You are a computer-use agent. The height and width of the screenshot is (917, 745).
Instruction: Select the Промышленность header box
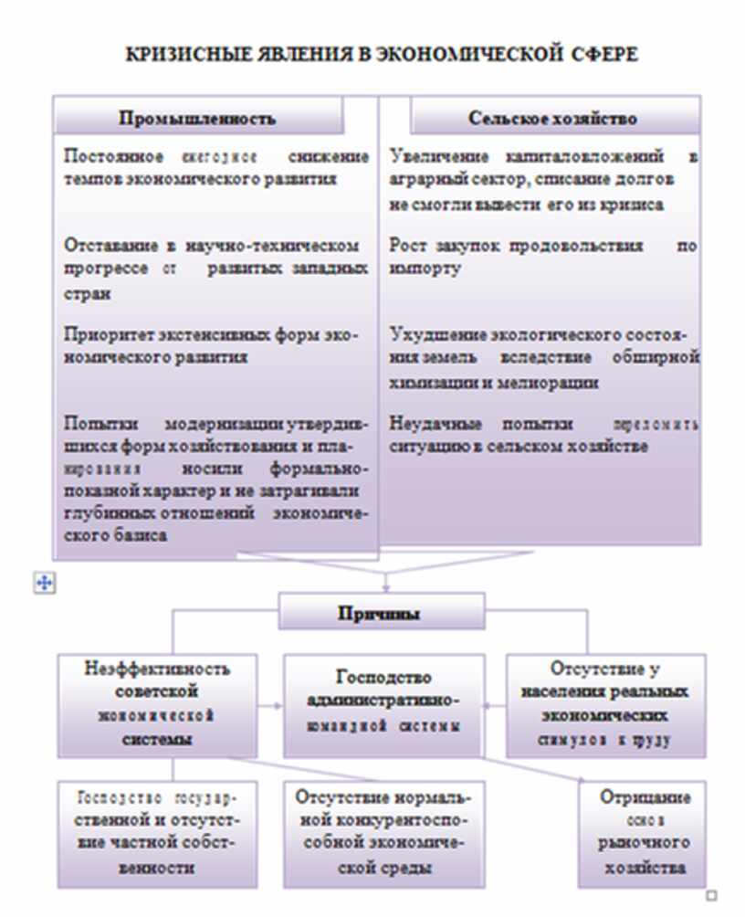pos(197,118)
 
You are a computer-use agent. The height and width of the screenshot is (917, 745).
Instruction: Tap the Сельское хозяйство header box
pos(552,118)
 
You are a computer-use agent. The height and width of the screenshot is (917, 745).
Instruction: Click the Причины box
pos(379,614)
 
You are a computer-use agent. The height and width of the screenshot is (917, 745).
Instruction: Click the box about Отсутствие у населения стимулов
pos(604,703)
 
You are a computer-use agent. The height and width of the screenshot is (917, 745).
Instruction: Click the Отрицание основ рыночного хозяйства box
pos(644,831)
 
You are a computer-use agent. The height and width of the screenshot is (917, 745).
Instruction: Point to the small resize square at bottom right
pos(712,896)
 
